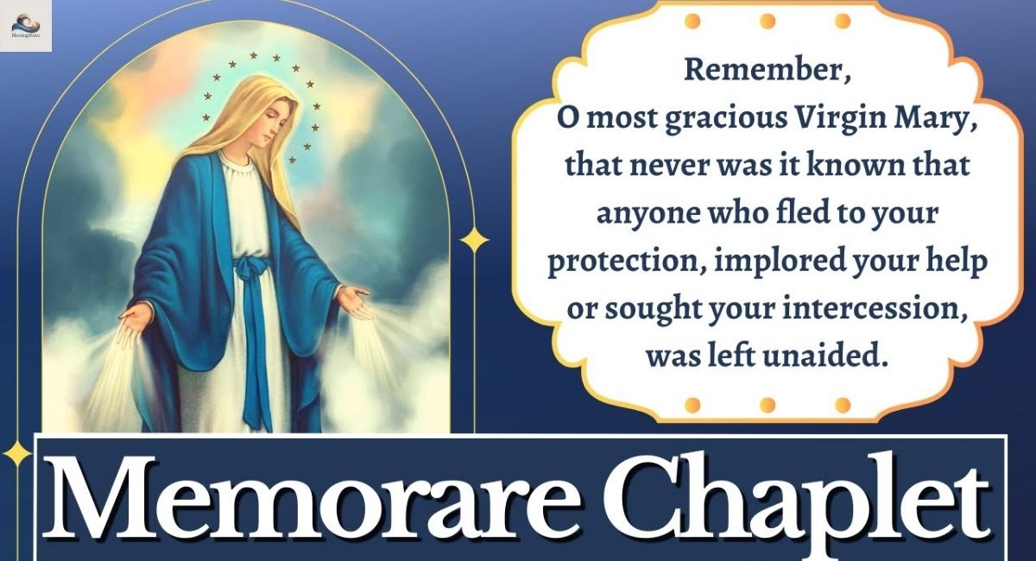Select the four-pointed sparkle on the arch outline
[x=474, y=239]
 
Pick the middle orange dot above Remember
[x=765, y=20]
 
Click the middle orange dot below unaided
[x=765, y=404]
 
